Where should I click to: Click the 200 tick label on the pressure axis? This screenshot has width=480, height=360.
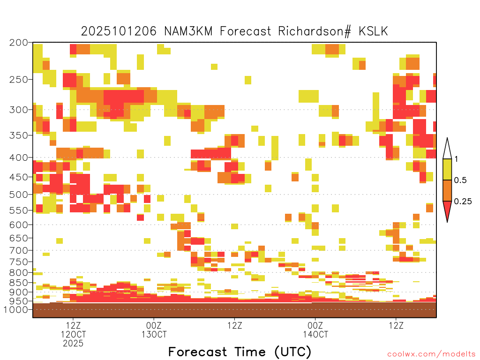tap(18, 43)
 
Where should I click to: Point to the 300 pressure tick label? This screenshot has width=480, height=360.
tap(18, 110)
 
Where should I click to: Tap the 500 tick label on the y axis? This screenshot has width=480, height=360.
tap(18, 195)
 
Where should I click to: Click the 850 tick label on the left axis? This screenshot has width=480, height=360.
tap(18, 283)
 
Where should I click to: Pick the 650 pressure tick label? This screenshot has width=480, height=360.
tap(18, 238)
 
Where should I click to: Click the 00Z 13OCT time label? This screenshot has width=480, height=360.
tap(154, 330)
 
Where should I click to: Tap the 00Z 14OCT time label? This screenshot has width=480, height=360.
tap(315, 330)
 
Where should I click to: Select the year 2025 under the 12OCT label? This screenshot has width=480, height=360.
tap(73, 344)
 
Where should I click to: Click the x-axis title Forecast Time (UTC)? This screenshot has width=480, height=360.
tap(240, 352)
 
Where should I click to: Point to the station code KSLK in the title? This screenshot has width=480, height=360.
tap(373, 31)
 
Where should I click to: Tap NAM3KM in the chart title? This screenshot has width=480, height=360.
tap(188, 31)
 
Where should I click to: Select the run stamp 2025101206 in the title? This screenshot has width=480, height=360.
tap(119, 31)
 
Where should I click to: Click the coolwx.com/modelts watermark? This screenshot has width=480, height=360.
tap(431, 354)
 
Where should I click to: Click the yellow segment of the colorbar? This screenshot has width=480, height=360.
tap(447, 169)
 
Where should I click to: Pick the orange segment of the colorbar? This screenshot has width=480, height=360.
tap(447, 190)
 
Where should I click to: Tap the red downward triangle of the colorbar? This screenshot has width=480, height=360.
tap(447, 210)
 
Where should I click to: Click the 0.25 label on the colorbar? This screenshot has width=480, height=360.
tap(463, 202)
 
